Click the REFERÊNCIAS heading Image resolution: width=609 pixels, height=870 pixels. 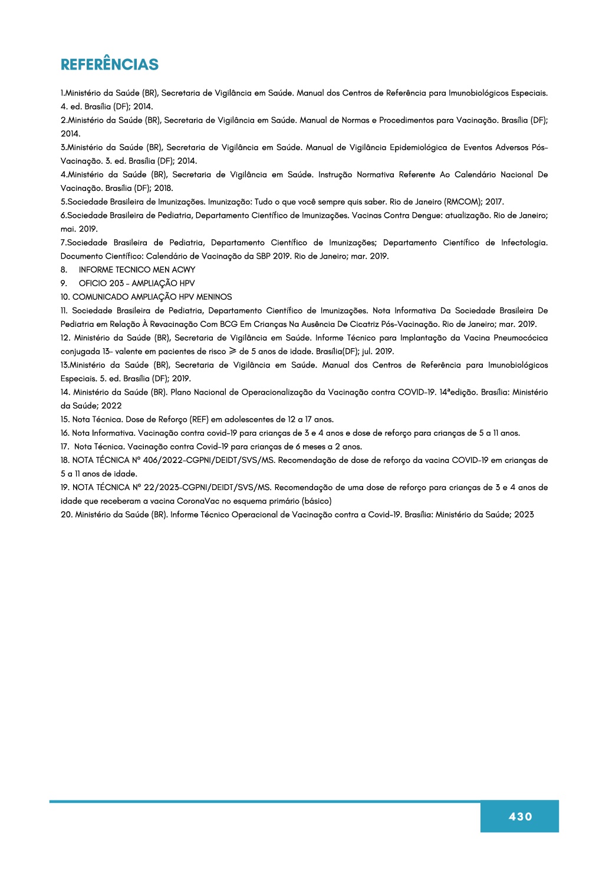tap(110, 65)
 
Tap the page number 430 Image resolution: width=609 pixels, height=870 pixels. tap(520, 816)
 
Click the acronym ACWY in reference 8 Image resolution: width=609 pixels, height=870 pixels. tap(183, 270)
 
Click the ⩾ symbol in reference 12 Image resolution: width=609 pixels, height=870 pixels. tap(232, 352)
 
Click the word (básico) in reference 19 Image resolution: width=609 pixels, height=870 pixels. tap(317, 501)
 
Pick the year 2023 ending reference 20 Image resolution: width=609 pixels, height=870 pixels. tap(524, 515)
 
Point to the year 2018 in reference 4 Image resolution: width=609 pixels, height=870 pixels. tap(163, 188)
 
